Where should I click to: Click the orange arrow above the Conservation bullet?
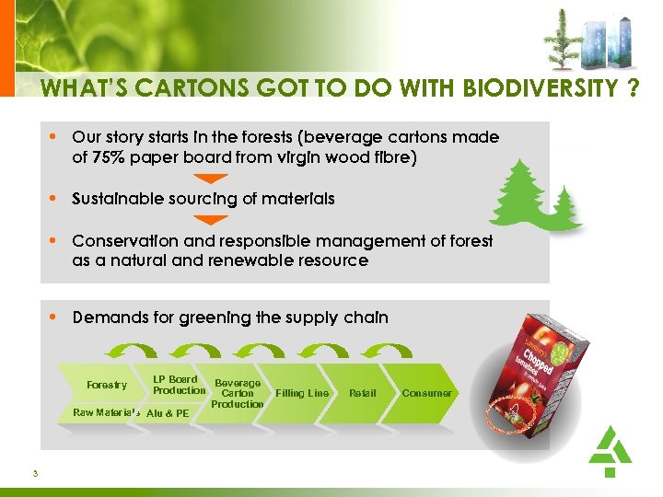(213, 220)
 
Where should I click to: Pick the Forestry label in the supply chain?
(107, 385)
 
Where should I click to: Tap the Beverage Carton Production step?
(238, 393)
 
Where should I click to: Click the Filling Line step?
(302, 393)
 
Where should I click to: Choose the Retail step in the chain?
(362, 393)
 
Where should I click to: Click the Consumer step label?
(426, 393)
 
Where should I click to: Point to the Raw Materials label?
(106, 412)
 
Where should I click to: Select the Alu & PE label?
(168, 413)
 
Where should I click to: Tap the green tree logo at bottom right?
(609, 450)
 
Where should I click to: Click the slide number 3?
(34, 474)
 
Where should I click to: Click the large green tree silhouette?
(524, 195)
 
